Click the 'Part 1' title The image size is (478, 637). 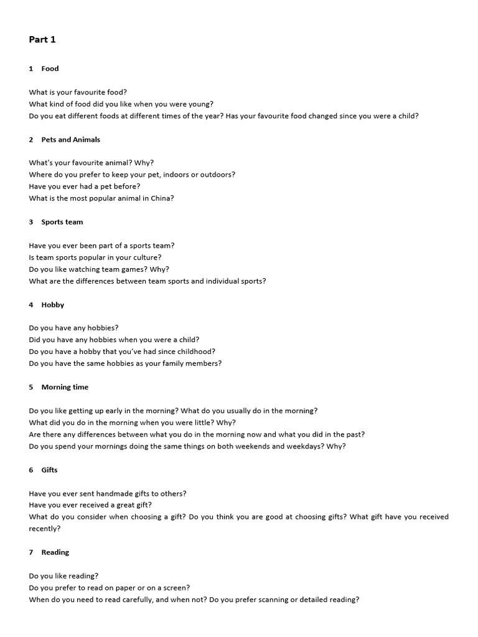click(42, 40)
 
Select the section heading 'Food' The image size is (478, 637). click(50, 68)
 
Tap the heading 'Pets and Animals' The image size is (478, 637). click(70, 139)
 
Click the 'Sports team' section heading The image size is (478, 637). click(62, 222)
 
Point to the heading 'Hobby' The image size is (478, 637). click(52, 305)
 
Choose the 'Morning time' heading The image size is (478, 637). click(65, 387)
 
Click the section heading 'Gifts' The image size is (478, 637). click(49, 470)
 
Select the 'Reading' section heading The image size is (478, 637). click(55, 552)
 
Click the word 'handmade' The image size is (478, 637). click(106, 493)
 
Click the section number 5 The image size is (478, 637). click(31, 387)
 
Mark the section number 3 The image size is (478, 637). click(31, 222)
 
